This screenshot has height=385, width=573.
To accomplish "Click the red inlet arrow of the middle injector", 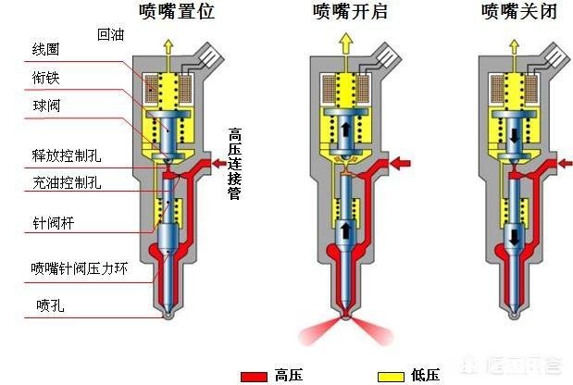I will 401,165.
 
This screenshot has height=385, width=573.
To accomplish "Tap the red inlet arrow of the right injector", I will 564,163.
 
